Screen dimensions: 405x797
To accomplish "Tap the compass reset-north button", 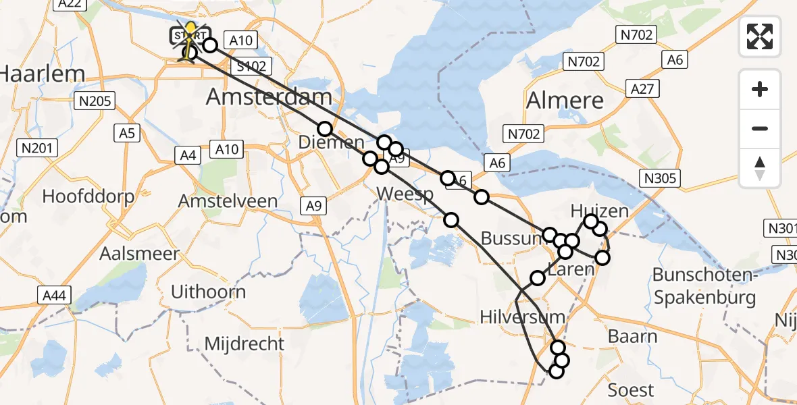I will (x=760, y=168).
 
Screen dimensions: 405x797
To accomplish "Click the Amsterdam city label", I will (x=269, y=97).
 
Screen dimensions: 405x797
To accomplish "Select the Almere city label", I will (x=565, y=101).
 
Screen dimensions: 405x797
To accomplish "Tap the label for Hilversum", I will (x=522, y=316).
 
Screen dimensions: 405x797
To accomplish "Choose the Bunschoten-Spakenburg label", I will (x=704, y=286).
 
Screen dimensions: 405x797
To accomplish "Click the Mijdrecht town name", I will (x=245, y=344).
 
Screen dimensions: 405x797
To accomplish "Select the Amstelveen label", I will (x=228, y=201).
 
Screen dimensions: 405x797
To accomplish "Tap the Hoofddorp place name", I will (x=88, y=196).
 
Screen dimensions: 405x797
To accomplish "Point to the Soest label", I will (x=631, y=390).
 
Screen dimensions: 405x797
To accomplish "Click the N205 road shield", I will (x=95, y=101).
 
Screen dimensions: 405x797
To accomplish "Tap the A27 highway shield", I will (x=644, y=88).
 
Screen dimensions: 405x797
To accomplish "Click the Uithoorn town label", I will (x=209, y=292).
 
